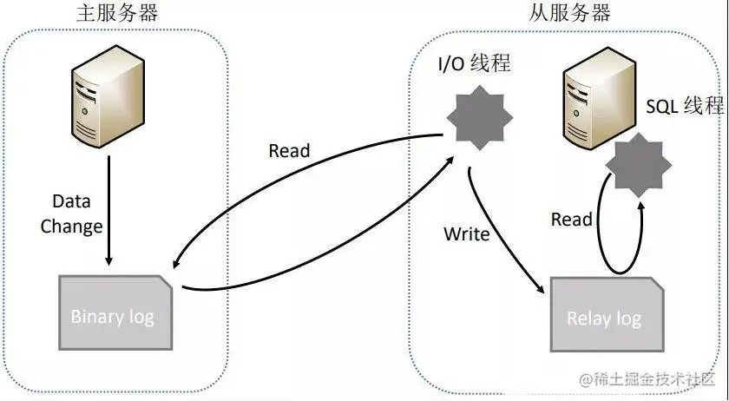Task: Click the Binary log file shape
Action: tap(113, 313)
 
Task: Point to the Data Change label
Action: tap(78, 214)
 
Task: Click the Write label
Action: tap(467, 234)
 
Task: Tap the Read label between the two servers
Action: tap(289, 151)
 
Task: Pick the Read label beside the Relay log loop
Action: tap(571, 220)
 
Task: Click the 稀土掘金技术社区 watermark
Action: tap(651, 380)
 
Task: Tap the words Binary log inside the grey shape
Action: tap(113, 316)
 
